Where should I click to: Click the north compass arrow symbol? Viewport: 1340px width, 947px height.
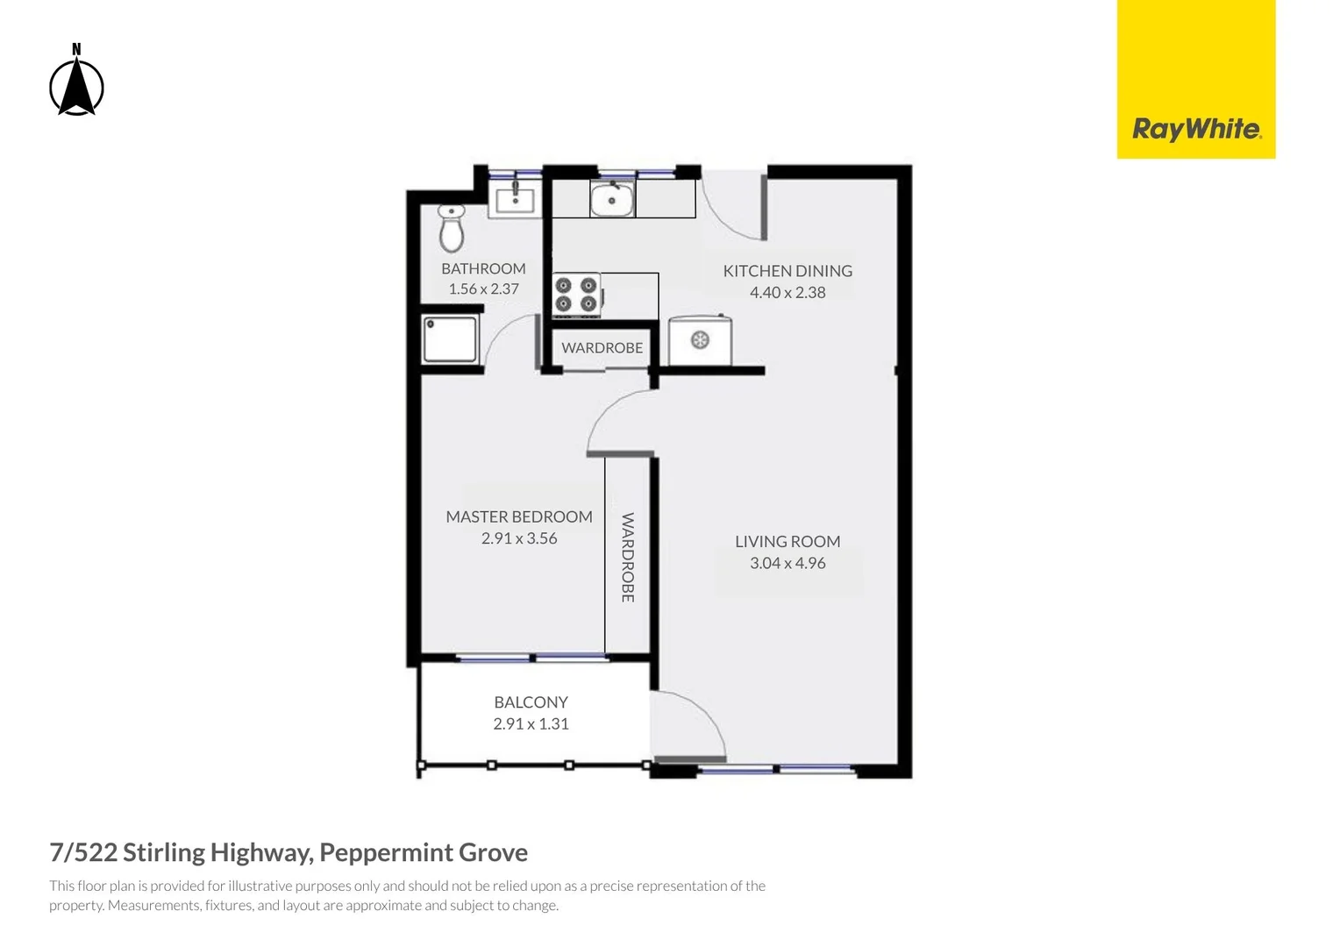click(76, 83)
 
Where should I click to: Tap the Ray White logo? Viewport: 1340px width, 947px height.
click(1195, 130)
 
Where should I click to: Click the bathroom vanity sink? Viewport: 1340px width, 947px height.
click(515, 200)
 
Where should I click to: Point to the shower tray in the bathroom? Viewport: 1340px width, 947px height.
click(450, 339)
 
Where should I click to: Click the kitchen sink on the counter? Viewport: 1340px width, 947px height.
click(611, 200)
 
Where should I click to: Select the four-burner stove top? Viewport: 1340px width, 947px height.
click(576, 295)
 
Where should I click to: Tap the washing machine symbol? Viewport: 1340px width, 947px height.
click(700, 340)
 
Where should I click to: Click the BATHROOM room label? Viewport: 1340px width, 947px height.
click(483, 268)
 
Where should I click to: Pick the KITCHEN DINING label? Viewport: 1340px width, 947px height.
click(788, 271)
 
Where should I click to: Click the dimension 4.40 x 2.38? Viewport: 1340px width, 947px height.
click(788, 293)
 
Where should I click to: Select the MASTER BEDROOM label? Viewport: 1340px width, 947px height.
click(519, 516)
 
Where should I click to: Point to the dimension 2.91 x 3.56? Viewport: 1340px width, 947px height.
click(519, 538)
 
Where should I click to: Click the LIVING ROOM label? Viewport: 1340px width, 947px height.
click(788, 542)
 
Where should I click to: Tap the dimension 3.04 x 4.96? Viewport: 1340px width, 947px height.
click(788, 563)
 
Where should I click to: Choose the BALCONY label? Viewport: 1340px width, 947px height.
click(531, 702)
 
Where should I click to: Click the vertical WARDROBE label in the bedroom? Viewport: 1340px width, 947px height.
click(628, 558)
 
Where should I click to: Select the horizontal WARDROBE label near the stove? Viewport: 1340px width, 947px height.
click(602, 348)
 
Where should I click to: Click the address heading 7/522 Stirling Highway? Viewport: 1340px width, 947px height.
click(289, 852)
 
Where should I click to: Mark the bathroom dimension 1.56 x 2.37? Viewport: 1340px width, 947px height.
click(483, 289)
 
